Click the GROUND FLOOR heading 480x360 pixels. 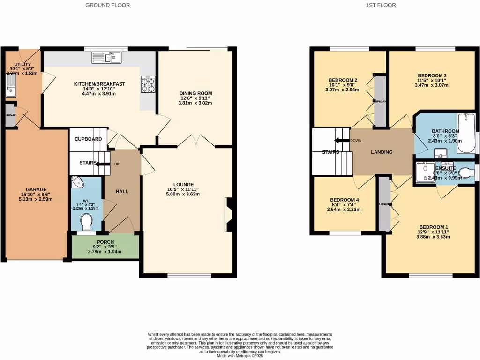(107, 5)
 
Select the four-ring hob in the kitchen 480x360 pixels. (148, 85)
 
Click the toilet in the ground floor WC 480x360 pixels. (87, 220)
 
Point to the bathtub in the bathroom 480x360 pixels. (466, 133)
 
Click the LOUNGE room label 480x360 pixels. (183, 184)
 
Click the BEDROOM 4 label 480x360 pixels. (344, 200)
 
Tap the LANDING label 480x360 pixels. (382, 152)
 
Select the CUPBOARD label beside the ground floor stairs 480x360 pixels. (88, 139)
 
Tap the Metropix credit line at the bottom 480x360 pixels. (240, 356)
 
